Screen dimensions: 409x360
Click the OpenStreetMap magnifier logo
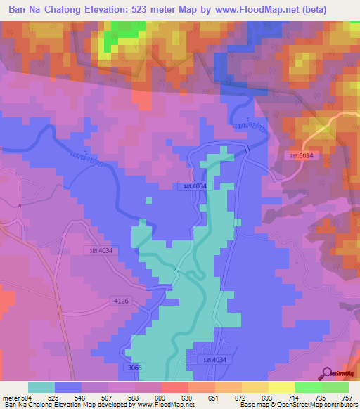coord(328,374)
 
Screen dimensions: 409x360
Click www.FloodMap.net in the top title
coord(271,10)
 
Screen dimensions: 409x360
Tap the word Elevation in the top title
coord(108,10)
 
